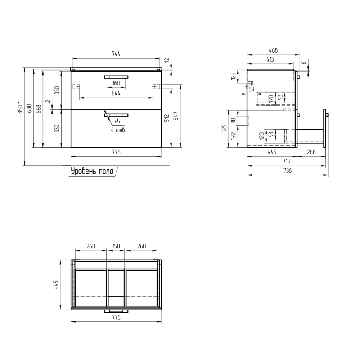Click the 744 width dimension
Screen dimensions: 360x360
116,54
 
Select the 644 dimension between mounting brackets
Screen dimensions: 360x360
116,94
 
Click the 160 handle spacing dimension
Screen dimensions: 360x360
116,83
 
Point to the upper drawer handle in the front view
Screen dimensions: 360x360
116,77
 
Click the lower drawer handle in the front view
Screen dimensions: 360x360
116,115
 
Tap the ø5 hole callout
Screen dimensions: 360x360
117,121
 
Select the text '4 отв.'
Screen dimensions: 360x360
118,130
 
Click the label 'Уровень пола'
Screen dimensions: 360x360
92,171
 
